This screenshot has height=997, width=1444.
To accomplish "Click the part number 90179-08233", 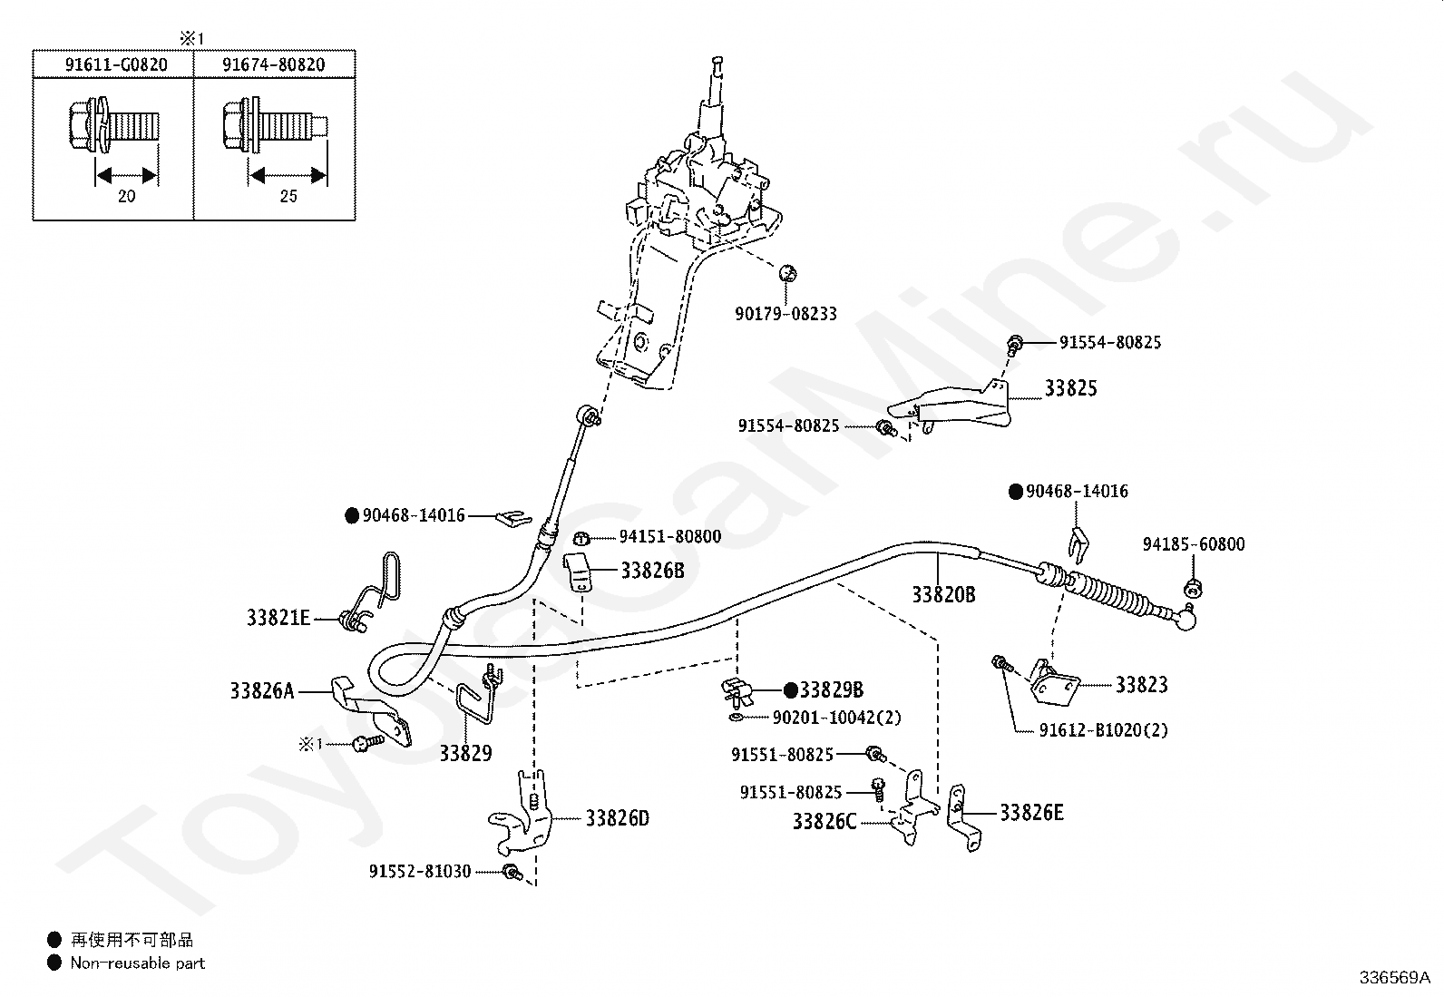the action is coord(785,314).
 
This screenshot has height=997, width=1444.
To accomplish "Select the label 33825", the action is coord(1070,388).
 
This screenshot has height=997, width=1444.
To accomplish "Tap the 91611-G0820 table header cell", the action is coord(116,64).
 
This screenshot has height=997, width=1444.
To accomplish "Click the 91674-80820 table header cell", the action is coord(274,64).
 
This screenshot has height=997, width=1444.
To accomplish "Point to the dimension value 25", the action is coord(288,196).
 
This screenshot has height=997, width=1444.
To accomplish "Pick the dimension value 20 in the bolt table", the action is coord(126,196).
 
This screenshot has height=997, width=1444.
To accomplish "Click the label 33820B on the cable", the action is coord(943,594).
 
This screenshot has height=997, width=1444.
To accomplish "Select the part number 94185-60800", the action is coord(1194,544).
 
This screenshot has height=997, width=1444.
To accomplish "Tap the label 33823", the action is coord(1142,684).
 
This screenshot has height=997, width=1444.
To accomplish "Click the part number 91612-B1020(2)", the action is coord(1104,730).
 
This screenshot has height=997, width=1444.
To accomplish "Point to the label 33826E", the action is coord(1031,813).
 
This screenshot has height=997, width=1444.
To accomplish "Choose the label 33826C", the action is coord(824,822).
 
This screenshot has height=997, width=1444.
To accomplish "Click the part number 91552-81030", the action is coord(420,872).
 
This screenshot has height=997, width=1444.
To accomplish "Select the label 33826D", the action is coord(618,818).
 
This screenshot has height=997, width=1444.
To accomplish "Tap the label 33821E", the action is coord(278,618).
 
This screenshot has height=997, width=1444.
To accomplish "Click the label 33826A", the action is coord(262,691).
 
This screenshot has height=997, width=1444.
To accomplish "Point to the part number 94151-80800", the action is coord(670,536).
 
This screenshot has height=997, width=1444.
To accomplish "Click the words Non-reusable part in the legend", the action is coord(137,963).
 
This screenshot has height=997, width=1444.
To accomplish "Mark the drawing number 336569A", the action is coord(1395,978).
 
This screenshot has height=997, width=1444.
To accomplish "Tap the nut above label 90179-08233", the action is coord(787,273).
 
